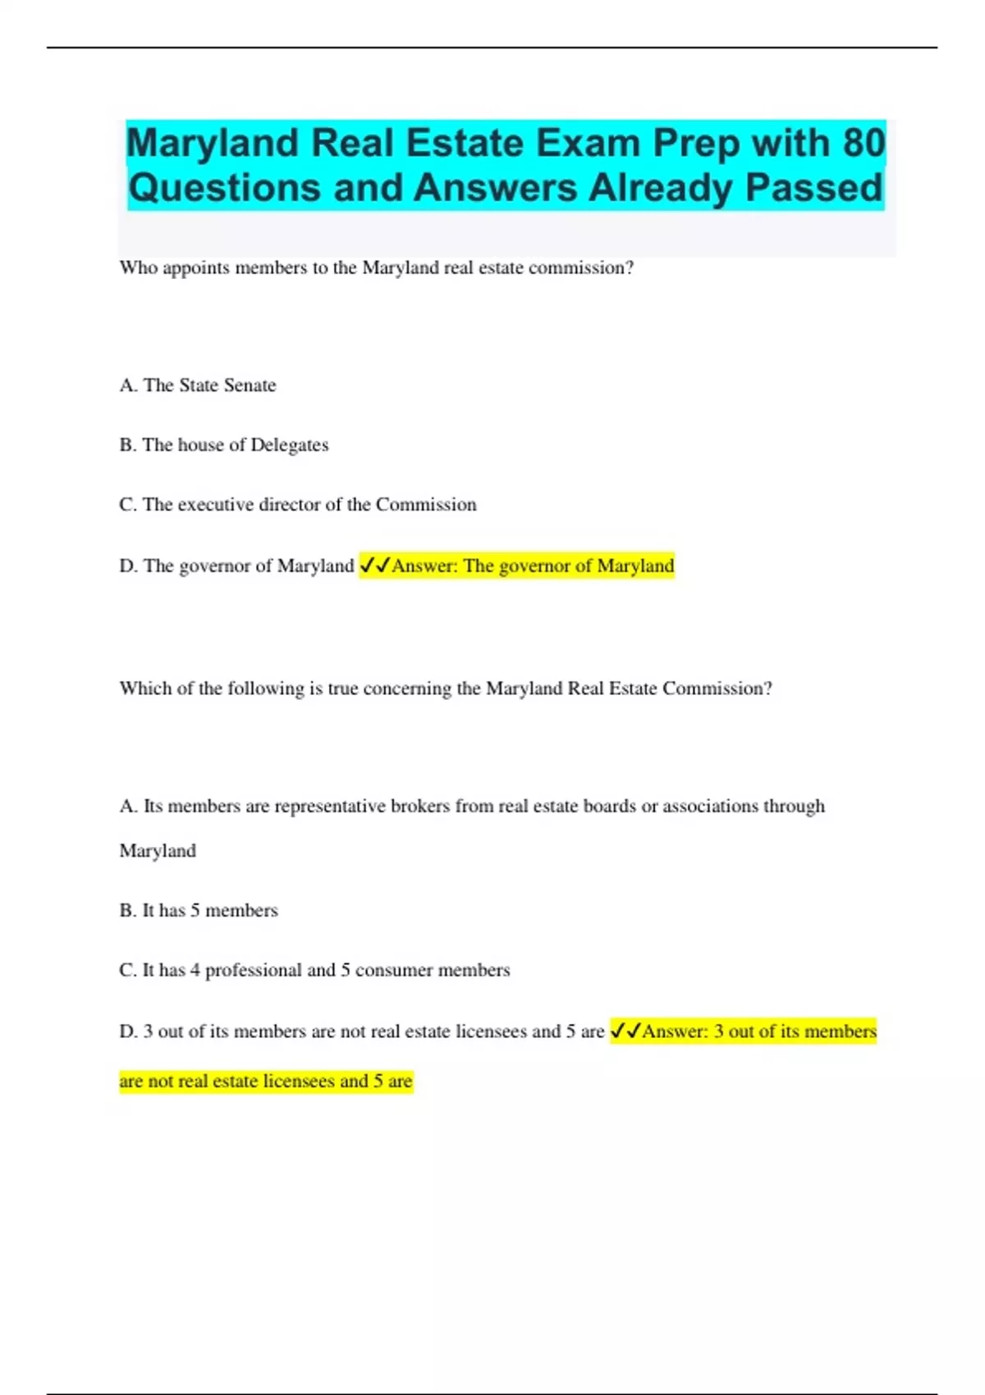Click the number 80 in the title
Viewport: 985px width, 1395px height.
click(863, 143)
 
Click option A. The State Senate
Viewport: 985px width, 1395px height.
click(198, 385)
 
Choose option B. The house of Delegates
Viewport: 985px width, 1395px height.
click(224, 445)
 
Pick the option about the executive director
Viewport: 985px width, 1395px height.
click(298, 505)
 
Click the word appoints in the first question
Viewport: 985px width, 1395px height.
click(196, 268)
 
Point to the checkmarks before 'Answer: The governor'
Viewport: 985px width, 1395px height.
click(374, 565)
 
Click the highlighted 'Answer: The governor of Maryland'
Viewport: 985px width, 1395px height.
click(533, 565)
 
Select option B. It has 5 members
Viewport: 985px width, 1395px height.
click(199, 910)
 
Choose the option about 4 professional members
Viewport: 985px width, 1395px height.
click(314, 970)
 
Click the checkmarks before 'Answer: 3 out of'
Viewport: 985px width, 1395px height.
click(625, 1031)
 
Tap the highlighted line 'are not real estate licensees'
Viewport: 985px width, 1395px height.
click(266, 1081)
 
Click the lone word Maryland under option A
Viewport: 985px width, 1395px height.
click(158, 850)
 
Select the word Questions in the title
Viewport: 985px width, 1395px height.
click(225, 187)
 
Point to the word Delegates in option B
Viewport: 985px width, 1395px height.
click(289, 445)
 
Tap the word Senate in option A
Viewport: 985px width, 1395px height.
click(250, 385)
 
